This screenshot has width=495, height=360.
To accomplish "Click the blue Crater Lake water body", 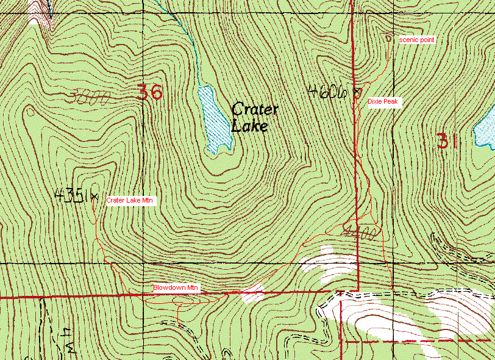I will [x=214, y=118].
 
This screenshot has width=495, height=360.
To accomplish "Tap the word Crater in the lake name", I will [x=255, y=110].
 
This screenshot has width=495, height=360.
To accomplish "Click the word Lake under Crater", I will [x=249, y=126].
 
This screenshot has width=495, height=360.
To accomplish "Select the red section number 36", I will [x=149, y=92].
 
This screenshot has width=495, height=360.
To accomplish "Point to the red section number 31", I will [x=446, y=142].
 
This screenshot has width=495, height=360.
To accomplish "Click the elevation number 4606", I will [x=327, y=92].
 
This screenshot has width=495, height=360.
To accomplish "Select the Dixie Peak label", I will [x=383, y=101].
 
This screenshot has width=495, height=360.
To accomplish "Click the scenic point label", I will [x=417, y=40].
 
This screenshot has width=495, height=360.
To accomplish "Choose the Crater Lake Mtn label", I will [x=130, y=200].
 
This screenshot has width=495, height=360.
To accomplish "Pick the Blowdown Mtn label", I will [x=176, y=287].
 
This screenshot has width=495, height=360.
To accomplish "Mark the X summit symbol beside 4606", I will [x=357, y=93].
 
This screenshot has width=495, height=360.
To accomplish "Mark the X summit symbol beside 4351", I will [x=94, y=196].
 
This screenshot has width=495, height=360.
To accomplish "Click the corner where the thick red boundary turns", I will [x=357, y=290].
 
